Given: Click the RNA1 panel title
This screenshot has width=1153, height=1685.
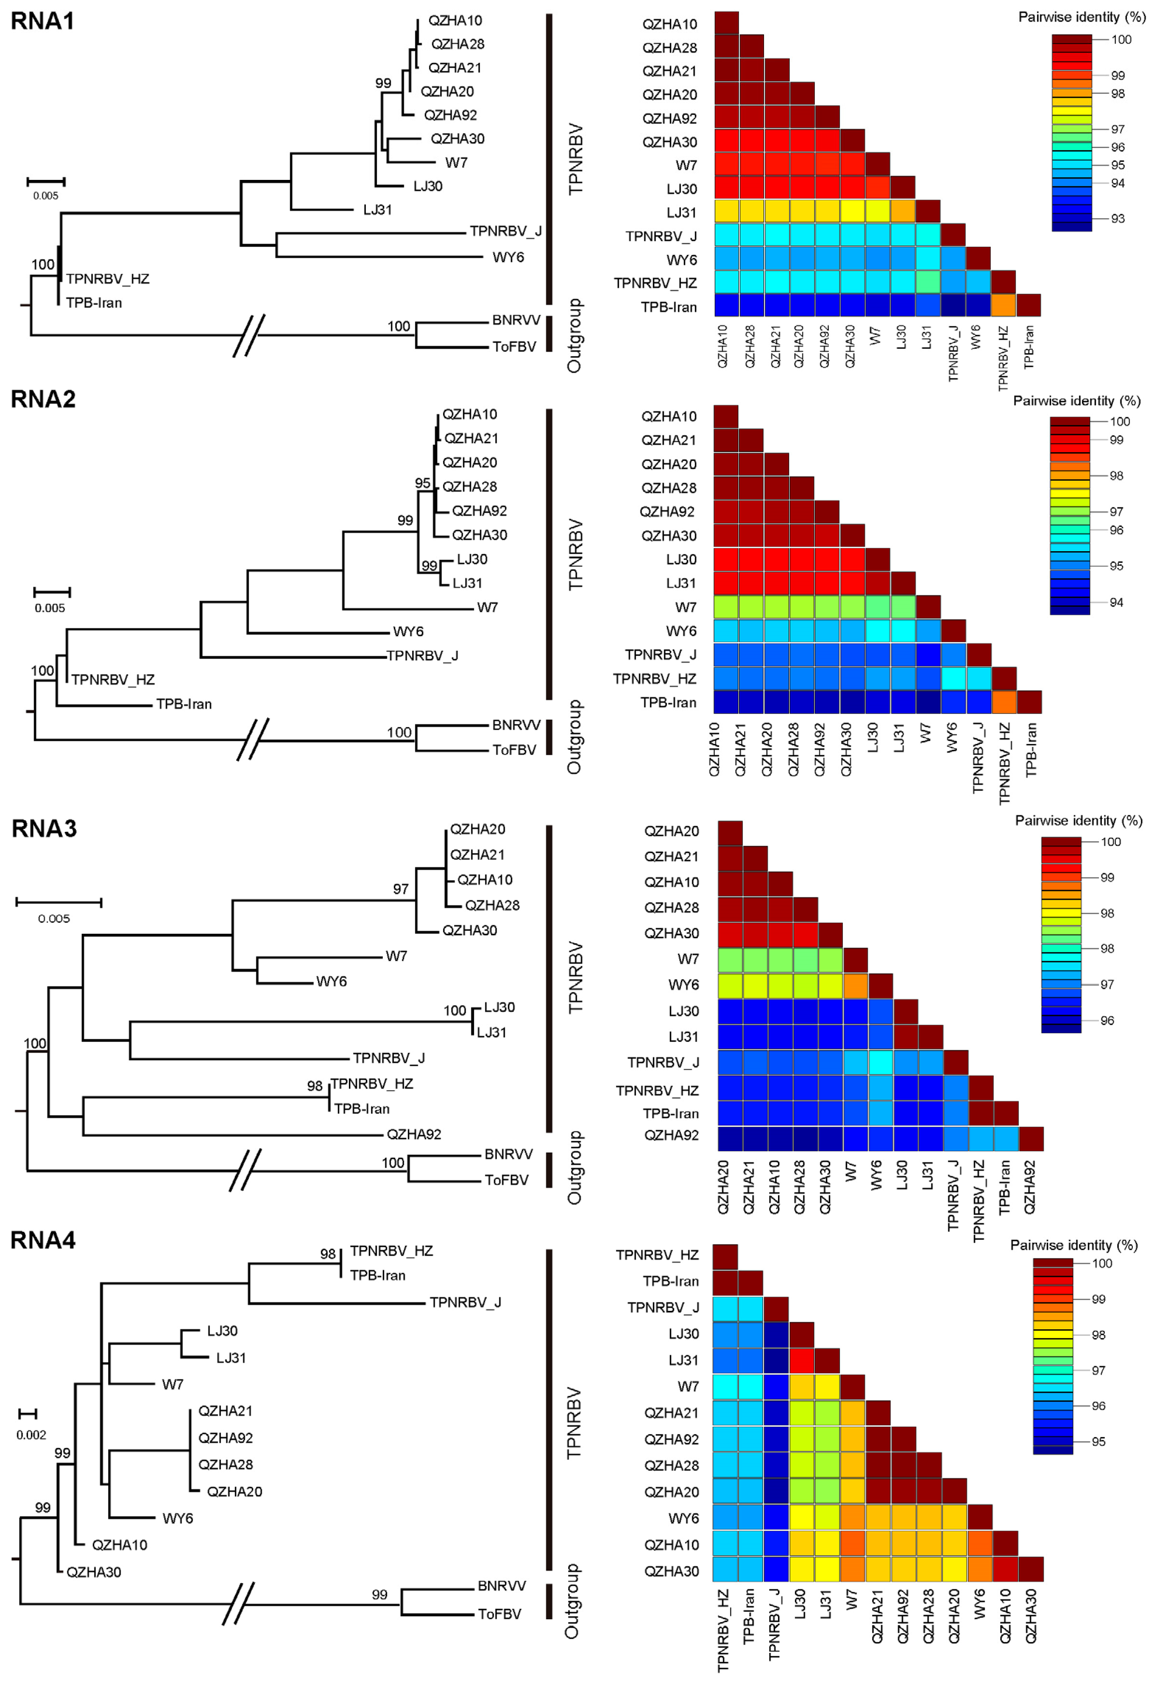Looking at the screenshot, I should [43, 21].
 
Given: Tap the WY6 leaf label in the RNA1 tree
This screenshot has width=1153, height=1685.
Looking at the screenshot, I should [508, 258].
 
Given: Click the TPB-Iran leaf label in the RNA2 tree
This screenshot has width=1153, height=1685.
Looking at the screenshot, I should [184, 704].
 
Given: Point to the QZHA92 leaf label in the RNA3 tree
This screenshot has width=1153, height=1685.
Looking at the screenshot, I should [414, 1134].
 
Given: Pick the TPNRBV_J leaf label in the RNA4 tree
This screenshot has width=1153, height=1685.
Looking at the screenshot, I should [465, 1302].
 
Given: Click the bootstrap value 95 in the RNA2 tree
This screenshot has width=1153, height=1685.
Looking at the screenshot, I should [422, 483].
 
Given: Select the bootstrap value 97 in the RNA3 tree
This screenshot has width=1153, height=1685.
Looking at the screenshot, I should [401, 889].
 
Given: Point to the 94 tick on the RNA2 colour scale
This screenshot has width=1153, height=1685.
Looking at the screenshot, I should [1116, 603].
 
